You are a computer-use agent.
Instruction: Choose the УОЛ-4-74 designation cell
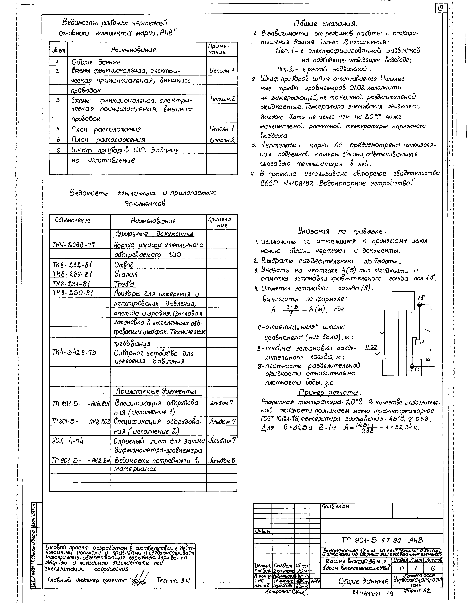click(68, 441)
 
